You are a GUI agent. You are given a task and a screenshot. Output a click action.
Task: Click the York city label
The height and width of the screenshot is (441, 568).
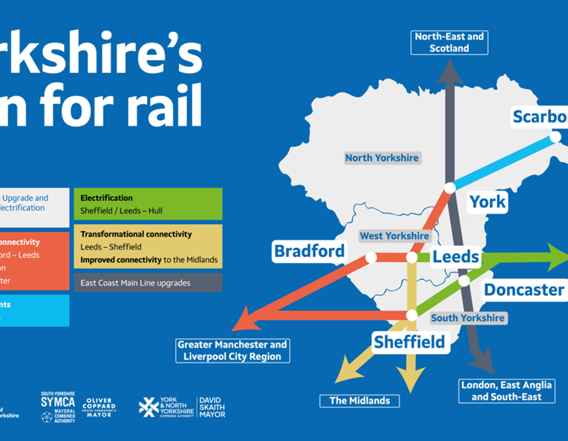(x=488, y=202)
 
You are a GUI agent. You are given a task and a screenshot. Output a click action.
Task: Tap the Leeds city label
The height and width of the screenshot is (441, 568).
(x=456, y=256)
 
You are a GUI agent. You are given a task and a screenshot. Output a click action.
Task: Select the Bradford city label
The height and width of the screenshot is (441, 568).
(x=310, y=251)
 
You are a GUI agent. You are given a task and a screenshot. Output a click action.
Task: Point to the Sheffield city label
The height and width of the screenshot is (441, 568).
(x=409, y=341)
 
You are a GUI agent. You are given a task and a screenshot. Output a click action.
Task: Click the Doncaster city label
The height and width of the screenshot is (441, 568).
(x=524, y=290)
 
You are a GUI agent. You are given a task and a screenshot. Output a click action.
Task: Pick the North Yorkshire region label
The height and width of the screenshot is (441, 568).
(x=382, y=158)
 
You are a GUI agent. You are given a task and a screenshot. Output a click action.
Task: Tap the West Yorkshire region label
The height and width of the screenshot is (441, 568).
(x=394, y=236)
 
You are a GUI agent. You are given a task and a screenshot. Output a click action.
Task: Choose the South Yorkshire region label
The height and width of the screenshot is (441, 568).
(x=467, y=318)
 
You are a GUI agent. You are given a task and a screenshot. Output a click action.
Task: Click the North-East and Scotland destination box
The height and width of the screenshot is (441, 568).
(x=449, y=42)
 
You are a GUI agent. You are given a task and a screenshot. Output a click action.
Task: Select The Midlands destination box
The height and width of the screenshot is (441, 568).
(x=359, y=401)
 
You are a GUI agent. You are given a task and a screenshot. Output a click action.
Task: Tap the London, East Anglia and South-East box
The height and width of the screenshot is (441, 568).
(x=506, y=391)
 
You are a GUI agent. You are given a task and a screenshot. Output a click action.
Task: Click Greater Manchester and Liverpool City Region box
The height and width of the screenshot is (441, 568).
(x=232, y=350)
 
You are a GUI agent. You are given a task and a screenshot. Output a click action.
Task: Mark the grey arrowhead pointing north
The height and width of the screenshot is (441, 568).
(x=449, y=73)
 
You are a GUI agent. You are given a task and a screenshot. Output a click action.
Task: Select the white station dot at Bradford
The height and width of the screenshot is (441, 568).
(x=371, y=257)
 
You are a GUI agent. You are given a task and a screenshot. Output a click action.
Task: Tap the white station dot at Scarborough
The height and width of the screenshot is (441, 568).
(x=555, y=136)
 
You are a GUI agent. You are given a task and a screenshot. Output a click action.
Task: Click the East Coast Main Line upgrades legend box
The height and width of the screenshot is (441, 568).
(x=148, y=283)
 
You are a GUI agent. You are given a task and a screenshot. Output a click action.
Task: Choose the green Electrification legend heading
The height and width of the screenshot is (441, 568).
(x=107, y=198)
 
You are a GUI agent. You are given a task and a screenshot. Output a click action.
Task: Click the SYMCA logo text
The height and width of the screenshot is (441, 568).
(x=58, y=402)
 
